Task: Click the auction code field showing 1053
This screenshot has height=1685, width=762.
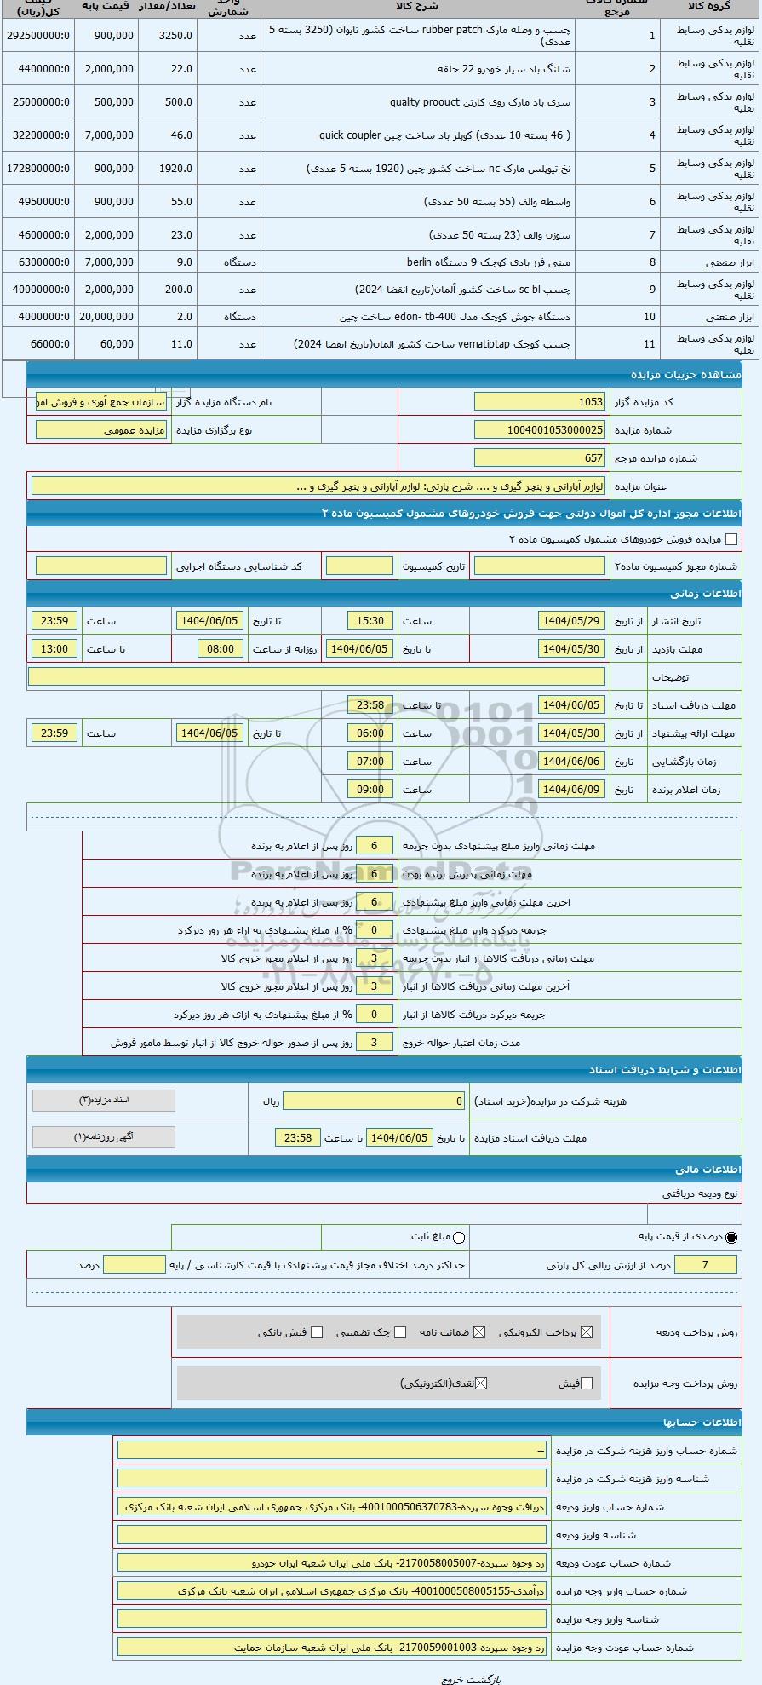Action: tap(539, 402)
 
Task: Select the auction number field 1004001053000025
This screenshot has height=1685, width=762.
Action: tap(539, 430)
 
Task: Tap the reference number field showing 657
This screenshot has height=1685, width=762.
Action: tap(539, 458)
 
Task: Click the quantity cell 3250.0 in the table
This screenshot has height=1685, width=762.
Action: tap(168, 36)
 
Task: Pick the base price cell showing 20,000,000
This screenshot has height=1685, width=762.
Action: tap(106, 317)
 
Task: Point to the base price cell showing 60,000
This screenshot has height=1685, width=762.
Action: tap(106, 344)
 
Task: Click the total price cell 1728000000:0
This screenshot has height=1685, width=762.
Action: tap(38, 169)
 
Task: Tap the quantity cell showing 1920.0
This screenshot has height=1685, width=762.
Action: tap(168, 169)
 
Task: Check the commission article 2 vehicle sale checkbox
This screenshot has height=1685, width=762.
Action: tap(730, 539)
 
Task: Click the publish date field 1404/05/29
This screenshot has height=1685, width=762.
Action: tap(571, 621)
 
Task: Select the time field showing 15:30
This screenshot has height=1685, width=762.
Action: tap(370, 621)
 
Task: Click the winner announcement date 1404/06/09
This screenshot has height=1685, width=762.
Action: tap(571, 790)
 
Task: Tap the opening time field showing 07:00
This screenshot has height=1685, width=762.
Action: tap(370, 762)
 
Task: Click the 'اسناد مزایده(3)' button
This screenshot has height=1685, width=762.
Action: tap(104, 1101)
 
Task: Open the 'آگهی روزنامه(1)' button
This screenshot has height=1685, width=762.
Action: tap(104, 1137)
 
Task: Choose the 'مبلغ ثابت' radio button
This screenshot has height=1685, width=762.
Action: tap(460, 1237)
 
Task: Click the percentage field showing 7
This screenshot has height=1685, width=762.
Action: tap(705, 1265)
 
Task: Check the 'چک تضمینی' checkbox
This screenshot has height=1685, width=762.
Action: tap(400, 1332)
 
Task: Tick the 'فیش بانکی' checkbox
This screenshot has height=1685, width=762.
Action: tap(317, 1332)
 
